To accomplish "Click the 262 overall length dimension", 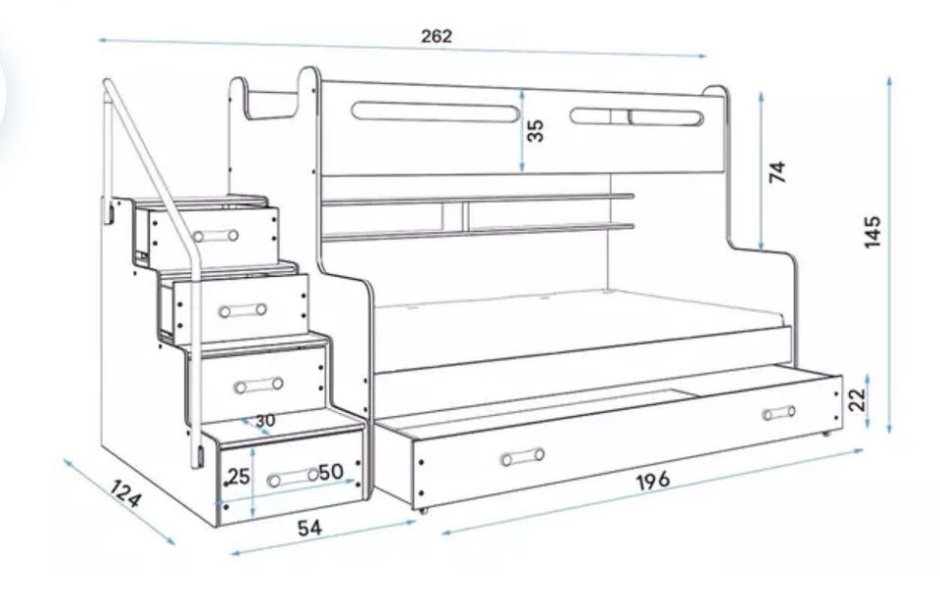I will (437, 36).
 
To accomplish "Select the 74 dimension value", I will (777, 172).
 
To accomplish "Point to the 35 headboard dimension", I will (536, 130).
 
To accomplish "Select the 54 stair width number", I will (309, 528).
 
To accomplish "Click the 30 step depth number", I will (264, 421).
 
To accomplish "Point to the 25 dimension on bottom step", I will (238, 477).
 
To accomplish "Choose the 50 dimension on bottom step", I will (330, 472).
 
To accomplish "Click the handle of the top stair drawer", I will (216, 236).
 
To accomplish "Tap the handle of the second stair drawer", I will (243, 310).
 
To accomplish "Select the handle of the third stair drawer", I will (258, 385).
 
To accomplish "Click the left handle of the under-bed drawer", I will (522, 456).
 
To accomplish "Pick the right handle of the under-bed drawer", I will (779, 412).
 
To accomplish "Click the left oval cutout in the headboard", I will (436, 113).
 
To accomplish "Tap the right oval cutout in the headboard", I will (636, 117).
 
